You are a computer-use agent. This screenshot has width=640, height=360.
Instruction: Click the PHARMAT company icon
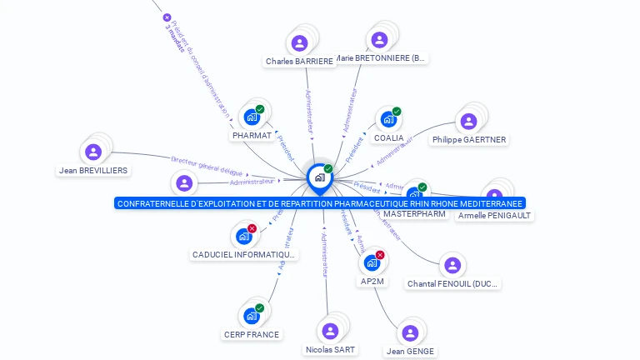pos(252,117)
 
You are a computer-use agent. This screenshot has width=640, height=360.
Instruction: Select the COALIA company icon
pos(387,119)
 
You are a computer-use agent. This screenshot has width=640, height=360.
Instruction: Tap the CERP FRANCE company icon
pos(251,316)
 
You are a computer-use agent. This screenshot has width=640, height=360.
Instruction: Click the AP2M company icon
pos(372,262)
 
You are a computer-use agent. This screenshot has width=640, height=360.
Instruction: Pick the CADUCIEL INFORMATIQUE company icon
pos(244,236)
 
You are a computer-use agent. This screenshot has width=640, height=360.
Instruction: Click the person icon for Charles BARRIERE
pos(298,42)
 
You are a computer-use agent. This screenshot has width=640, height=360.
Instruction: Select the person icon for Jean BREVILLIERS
pos(92,152)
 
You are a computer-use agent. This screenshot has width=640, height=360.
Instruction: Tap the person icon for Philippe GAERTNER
pos(468,122)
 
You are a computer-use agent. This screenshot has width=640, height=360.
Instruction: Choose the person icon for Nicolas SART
pos(330,331)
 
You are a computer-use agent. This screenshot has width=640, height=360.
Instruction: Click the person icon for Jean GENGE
pos(410,332)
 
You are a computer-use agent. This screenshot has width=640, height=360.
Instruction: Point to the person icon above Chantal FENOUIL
pos(452,265)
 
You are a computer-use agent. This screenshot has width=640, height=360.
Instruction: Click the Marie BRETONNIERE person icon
pos(379,39)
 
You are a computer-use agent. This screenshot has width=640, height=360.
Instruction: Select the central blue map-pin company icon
pos(319,177)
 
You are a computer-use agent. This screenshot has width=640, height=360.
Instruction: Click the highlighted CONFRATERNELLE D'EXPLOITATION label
pos(320,203)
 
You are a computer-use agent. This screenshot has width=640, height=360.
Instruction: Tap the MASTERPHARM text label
pos(414,214)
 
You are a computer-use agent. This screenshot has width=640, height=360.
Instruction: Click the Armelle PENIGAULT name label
pos(494,215)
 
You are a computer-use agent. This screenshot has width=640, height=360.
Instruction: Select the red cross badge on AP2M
pos(380,254)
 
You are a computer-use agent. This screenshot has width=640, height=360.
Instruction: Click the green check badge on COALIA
pos(397,111)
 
